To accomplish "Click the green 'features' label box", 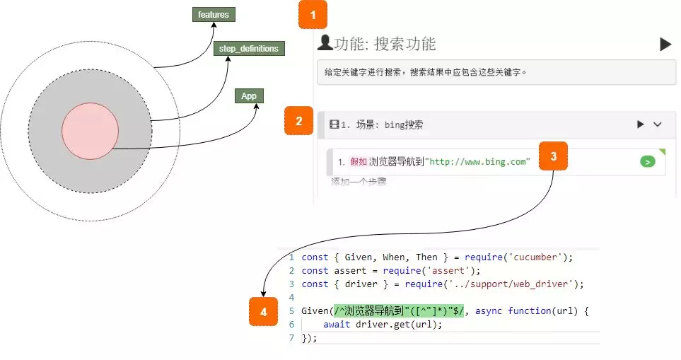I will point(214,14).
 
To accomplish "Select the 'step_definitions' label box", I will point(249,49).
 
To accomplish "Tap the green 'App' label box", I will point(249,96).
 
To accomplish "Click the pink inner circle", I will point(90,131).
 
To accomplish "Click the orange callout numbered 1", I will point(313,14).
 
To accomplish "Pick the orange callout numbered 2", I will point(299,121).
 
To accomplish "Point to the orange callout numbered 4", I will point(264,311).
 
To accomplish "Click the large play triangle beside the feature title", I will point(665,45).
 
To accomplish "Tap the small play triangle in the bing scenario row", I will point(641,124).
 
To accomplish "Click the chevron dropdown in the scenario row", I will point(658,124).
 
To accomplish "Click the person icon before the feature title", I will point(325,43).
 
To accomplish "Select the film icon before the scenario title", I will point(334,124).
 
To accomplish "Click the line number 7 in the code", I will point(291,338).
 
